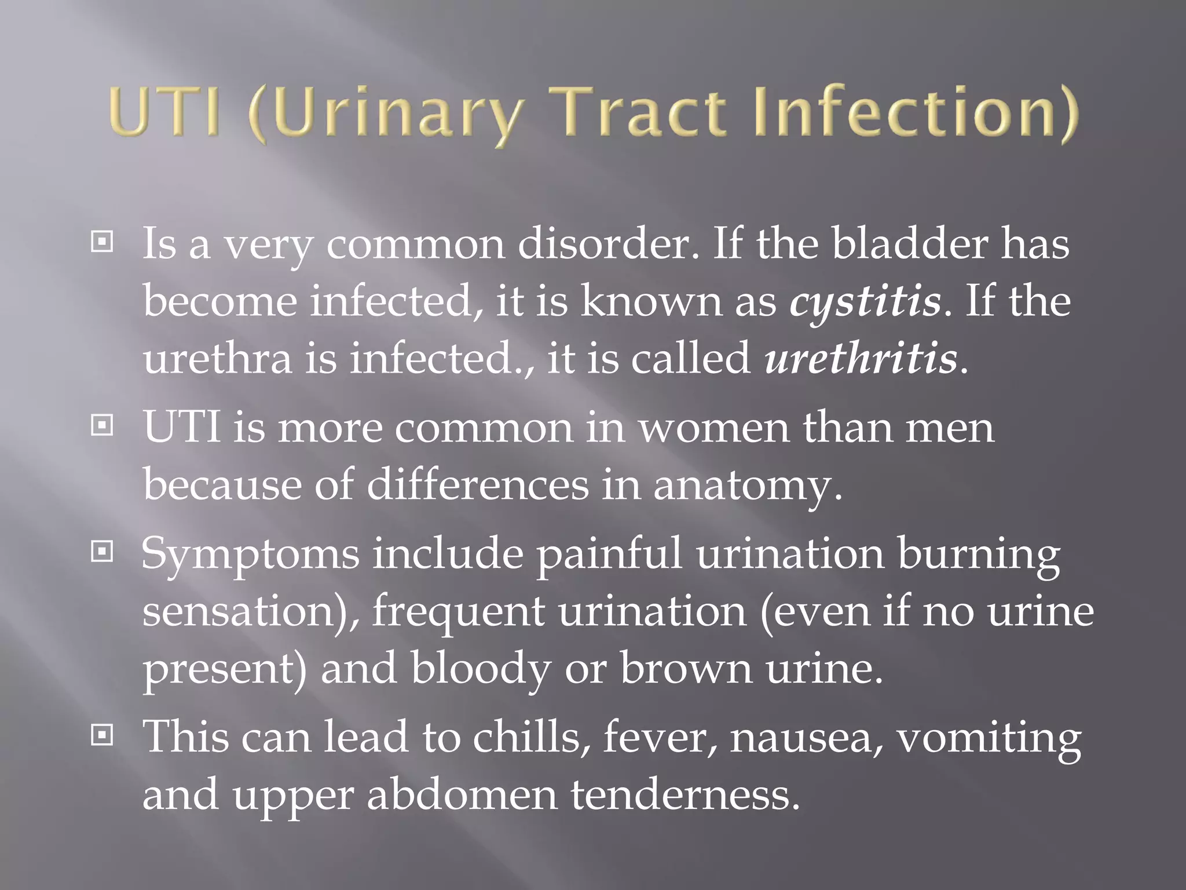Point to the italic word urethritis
coord(861,359)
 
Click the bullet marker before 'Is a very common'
coord(102,242)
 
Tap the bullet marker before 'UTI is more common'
coord(102,426)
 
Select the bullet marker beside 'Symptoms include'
coord(102,552)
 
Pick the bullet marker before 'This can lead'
coord(102,736)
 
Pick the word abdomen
coord(462,794)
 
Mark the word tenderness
coord(680,794)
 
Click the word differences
coord(477,484)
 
